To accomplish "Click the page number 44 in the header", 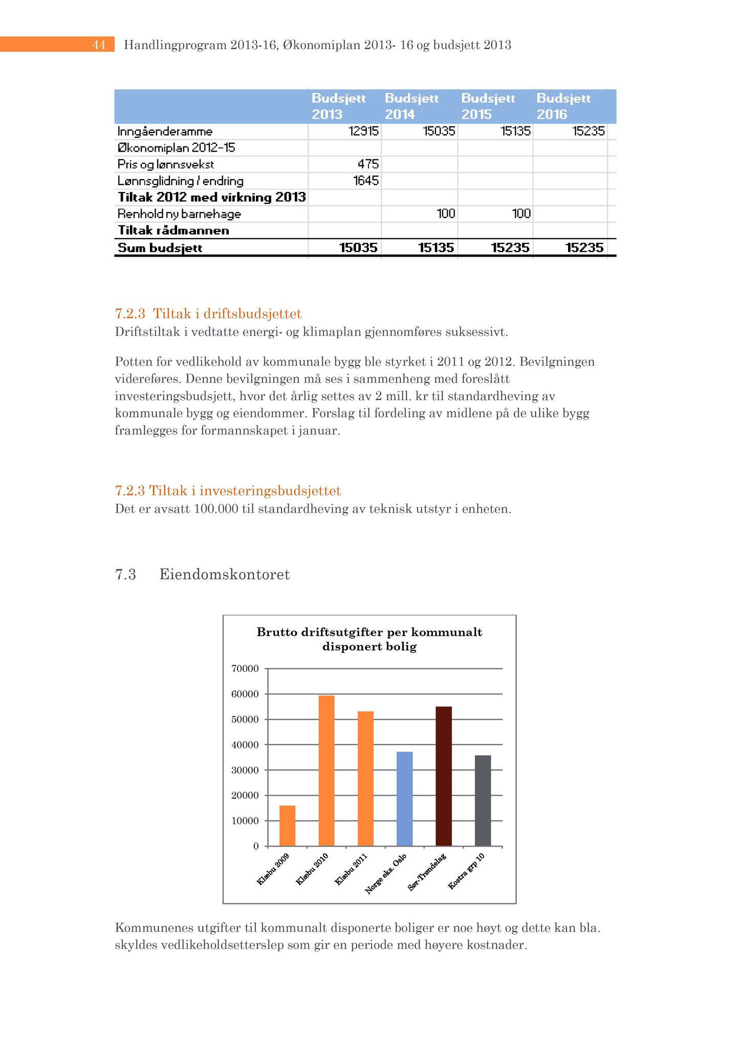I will tap(99, 45).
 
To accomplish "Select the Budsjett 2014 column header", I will tap(411, 106).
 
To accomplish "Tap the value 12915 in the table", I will tap(363, 131).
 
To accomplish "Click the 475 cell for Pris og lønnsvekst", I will tap(368, 164).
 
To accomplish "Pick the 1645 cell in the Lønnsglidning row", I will tap(366, 181).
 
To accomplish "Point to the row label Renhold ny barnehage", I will tap(179, 214).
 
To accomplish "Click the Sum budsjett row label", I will tap(160, 248).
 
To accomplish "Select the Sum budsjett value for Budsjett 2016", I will tap(584, 248).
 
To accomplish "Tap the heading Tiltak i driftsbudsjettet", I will tap(227, 313).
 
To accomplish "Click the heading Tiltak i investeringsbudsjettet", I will tap(245, 491).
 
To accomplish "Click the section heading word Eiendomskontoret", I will tap(225, 574).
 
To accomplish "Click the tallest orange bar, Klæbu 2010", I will tap(326, 770).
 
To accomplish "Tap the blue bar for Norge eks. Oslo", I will tap(404, 799).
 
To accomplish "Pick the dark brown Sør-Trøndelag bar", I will tap(444, 776).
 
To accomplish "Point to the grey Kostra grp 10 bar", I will tap(483, 801).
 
